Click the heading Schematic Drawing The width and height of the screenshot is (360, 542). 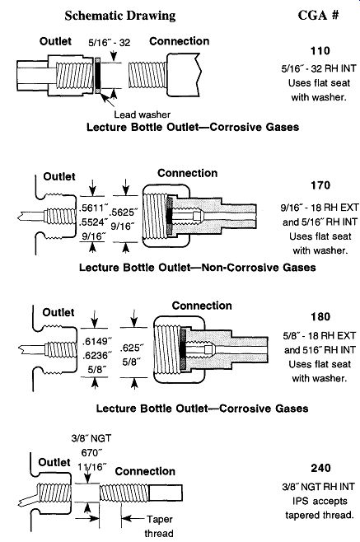(x=120, y=16)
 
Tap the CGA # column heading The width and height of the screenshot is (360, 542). (x=318, y=15)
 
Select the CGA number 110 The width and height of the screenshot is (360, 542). (x=320, y=51)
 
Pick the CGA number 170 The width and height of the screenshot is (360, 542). (x=320, y=185)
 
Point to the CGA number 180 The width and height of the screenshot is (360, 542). (x=320, y=316)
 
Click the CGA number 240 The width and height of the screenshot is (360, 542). (x=320, y=468)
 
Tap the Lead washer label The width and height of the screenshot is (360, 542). (x=143, y=114)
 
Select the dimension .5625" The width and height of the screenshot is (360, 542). (x=124, y=212)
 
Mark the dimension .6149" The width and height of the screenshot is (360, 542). (x=97, y=342)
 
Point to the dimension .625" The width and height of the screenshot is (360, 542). (x=132, y=348)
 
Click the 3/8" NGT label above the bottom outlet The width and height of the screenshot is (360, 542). (x=91, y=438)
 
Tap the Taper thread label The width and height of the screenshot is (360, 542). (x=159, y=526)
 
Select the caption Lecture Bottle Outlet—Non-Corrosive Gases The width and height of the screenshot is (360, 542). (x=198, y=268)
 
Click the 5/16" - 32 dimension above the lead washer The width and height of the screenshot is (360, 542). (x=110, y=43)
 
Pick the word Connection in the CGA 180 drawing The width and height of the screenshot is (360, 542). (x=202, y=306)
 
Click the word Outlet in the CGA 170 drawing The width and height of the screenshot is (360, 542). (x=59, y=176)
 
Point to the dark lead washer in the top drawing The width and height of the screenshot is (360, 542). (x=98, y=75)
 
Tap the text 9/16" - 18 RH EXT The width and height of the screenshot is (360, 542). (x=320, y=208)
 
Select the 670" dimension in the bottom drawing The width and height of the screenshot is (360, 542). (x=91, y=452)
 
